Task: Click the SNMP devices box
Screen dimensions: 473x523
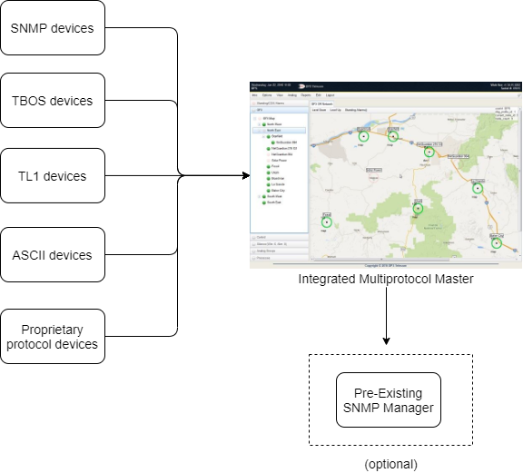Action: point(52,28)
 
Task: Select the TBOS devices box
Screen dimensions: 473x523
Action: point(52,101)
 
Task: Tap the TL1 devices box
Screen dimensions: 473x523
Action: point(52,175)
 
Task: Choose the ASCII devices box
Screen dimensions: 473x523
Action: point(52,255)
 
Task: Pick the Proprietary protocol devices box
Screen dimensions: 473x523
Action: point(52,336)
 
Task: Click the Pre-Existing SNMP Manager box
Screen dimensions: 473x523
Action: point(388,399)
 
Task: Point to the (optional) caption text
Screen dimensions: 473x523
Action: point(390,463)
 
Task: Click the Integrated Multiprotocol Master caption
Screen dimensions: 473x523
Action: point(386,280)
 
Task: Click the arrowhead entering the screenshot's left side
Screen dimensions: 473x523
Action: point(243,175)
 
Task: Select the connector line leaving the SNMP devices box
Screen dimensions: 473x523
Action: point(145,28)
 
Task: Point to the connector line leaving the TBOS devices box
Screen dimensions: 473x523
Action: point(145,101)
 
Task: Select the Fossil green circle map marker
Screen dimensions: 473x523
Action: point(327,221)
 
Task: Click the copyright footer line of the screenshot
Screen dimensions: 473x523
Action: point(386,266)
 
